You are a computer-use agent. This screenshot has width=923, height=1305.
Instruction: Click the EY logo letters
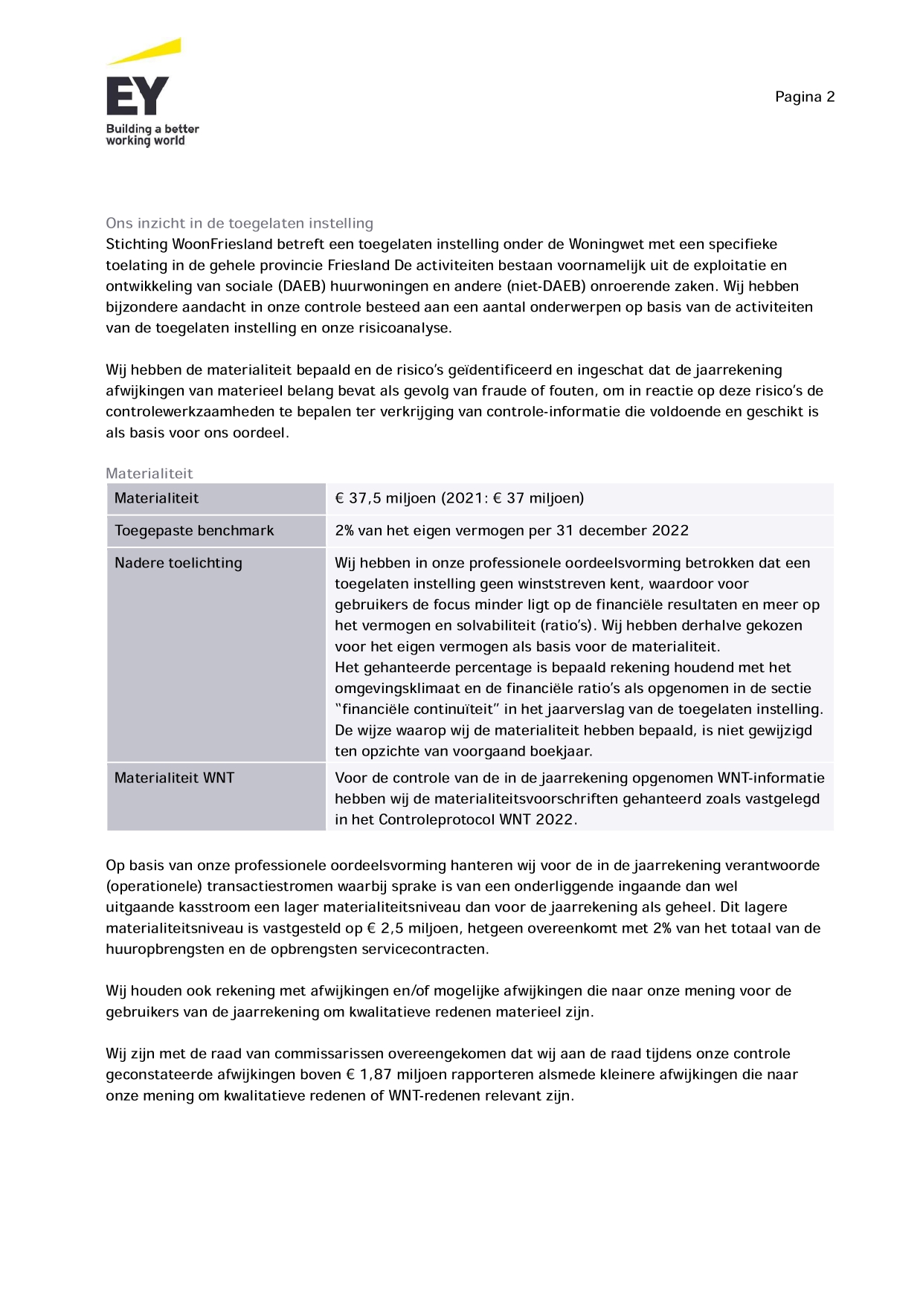point(138,96)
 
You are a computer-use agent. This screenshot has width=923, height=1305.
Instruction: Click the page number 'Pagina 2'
point(805,97)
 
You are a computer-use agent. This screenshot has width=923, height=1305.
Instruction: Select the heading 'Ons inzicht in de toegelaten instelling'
point(239,223)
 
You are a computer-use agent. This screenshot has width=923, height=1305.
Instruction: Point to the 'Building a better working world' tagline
point(152,135)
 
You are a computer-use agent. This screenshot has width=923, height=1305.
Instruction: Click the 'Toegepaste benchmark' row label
point(194,530)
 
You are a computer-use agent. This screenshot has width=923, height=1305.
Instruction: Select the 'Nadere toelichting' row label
point(179,563)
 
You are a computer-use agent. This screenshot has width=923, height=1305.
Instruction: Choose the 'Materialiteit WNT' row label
point(174,778)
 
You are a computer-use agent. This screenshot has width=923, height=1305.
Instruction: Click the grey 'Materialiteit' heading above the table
point(149,474)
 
